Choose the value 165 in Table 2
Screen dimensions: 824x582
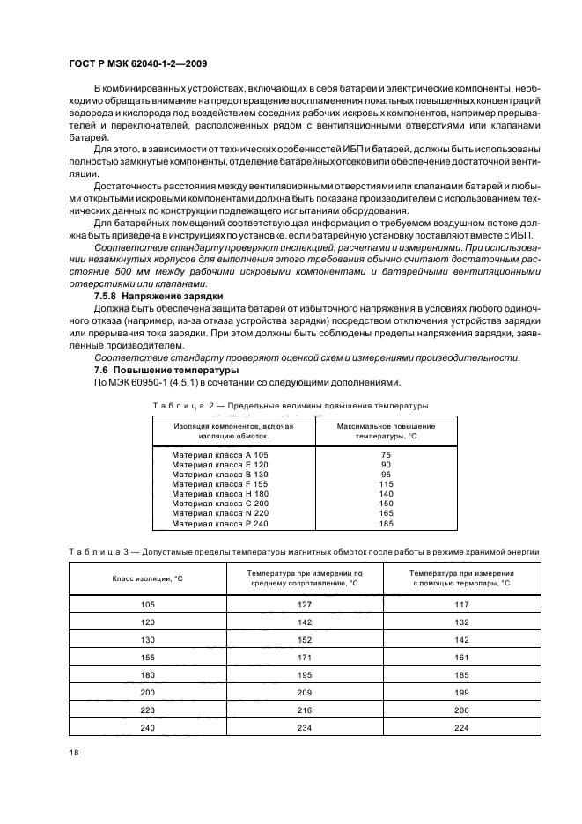pyautogui.click(x=361, y=514)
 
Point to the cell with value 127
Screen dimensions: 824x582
pyautogui.click(x=306, y=604)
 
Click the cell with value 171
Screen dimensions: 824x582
pyautogui.click(x=306, y=657)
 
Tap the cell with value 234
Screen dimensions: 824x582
pyautogui.click(x=306, y=727)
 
